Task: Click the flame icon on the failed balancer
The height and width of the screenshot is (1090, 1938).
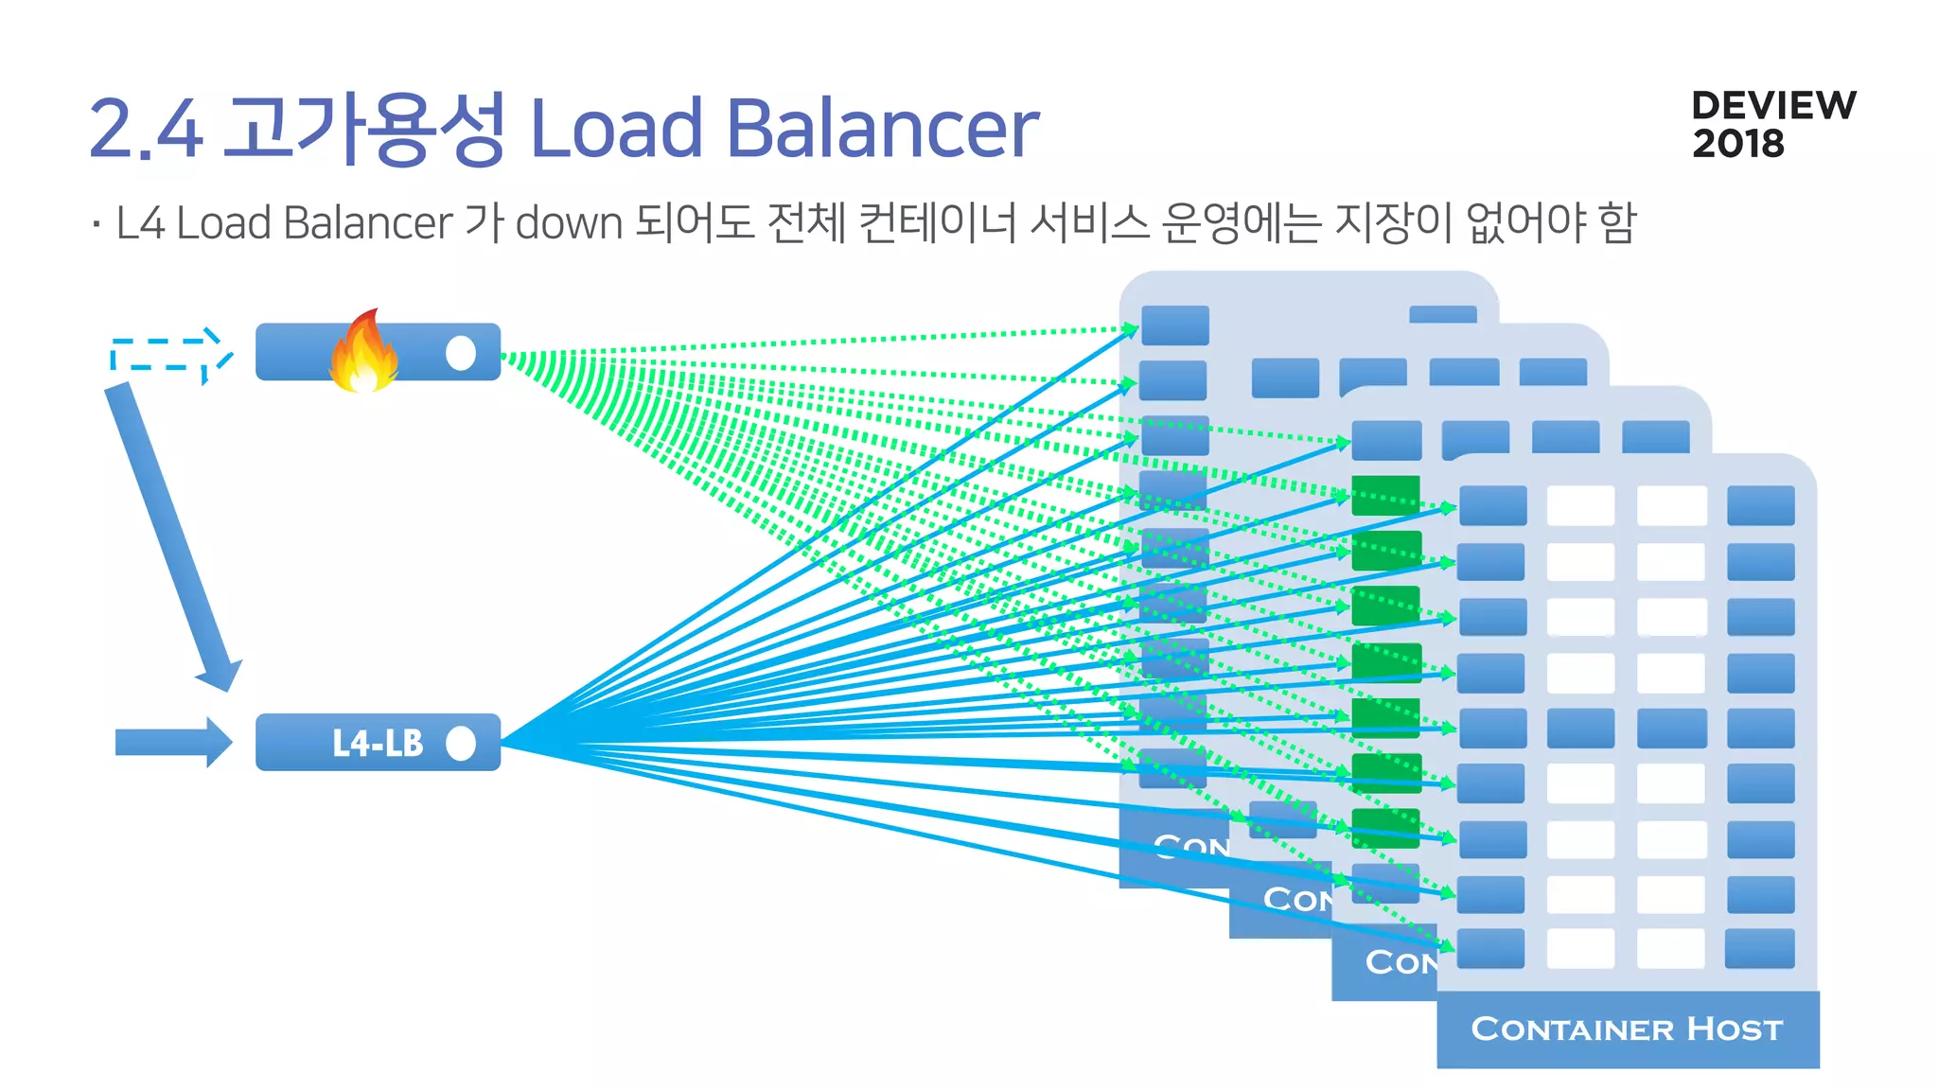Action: point(362,352)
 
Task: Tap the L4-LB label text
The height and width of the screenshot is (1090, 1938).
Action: point(378,744)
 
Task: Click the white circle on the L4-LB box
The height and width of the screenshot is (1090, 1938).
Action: point(461,744)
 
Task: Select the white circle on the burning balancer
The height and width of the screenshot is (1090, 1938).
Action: point(461,353)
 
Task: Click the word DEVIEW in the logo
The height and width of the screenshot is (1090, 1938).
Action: point(1773,105)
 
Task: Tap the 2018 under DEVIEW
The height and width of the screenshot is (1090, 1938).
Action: point(1737,144)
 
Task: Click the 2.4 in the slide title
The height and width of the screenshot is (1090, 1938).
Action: point(146,129)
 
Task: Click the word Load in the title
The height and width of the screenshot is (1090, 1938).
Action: point(616,129)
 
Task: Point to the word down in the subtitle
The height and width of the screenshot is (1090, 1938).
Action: point(569,223)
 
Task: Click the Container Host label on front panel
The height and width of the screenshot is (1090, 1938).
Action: point(1627,1028)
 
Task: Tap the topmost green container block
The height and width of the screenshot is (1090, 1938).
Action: point(1385,495)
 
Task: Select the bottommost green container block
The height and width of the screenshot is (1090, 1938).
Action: point(1385,828)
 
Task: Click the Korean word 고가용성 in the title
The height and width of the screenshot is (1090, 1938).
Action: point(364,129)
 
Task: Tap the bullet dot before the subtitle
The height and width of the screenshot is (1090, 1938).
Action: point(97,224)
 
